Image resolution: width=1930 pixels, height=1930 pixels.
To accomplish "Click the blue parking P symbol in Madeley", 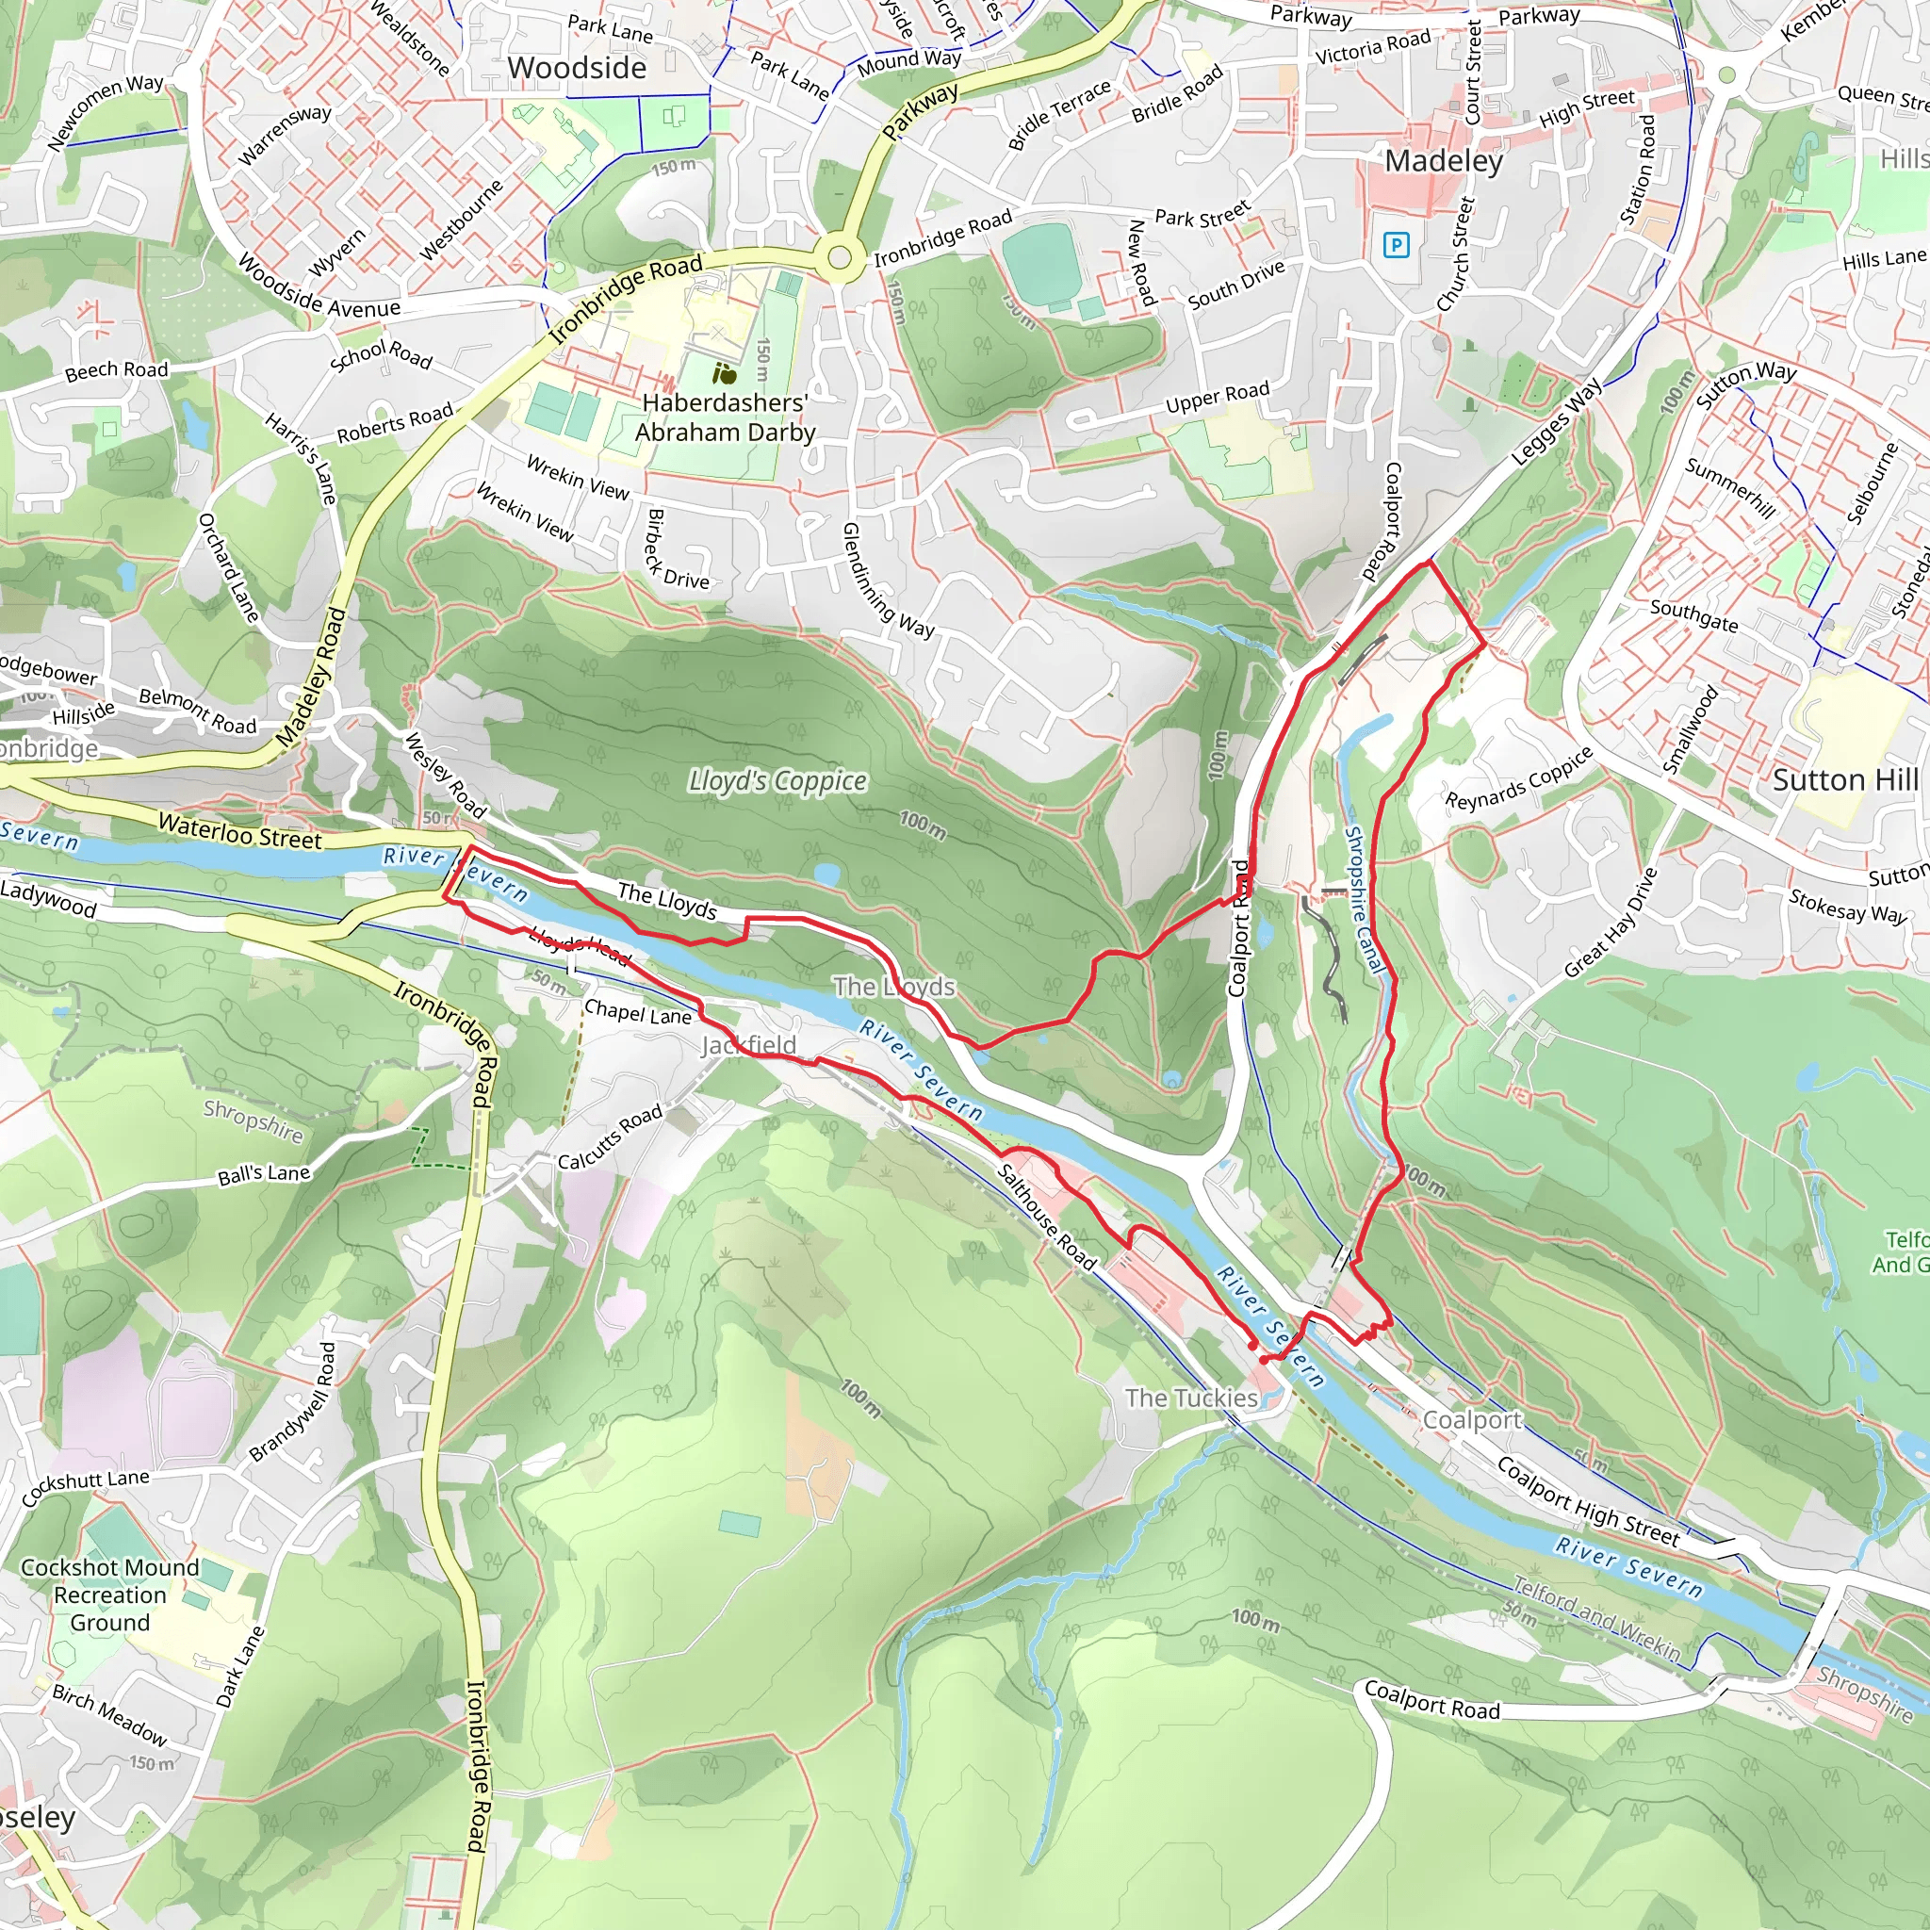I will (x=1397, y=245).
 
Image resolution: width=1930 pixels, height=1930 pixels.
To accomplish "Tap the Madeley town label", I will (x=1444, y=161).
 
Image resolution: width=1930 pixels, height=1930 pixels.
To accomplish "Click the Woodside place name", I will (x=577, y=68).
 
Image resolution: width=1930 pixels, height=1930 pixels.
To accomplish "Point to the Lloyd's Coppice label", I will (x=777, y=781).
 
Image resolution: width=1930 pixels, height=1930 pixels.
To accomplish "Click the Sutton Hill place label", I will (x=1845, y=779).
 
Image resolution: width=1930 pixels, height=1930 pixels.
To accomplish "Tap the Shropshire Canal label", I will (x=1365, y=899).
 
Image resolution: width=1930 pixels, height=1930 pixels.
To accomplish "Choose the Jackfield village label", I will (x=748, y=1045).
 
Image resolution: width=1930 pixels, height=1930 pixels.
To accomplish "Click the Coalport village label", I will (x=1471, y=1419).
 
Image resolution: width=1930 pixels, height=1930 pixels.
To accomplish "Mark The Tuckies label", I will (x=1191, y=1398).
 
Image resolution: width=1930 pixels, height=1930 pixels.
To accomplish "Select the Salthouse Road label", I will (x=1046, y=1217).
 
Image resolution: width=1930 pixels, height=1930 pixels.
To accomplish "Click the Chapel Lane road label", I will (x=637, y=1012).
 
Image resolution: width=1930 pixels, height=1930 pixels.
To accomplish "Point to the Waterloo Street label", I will (x=239, y=831).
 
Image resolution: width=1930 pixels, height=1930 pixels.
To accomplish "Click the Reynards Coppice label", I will (x=1518, y=779).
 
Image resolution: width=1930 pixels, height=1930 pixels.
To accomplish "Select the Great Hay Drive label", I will (x=1611, y=922).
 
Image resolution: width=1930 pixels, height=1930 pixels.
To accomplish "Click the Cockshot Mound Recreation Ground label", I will (x=110, y=1595).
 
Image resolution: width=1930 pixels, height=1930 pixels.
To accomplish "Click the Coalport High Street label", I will (x=1587, y=1502).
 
